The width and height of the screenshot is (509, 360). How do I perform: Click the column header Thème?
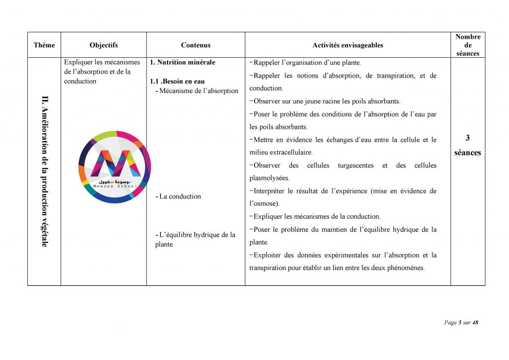coord(44,45)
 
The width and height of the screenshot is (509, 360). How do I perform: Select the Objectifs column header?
coord(103,45)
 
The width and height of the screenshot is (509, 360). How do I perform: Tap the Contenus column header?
coord(195,45)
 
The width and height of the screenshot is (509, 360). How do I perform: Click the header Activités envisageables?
coord(347,45)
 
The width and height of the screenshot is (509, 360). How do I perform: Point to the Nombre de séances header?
coord(467,45)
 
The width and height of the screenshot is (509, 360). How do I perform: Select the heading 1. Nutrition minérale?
coord(182,63)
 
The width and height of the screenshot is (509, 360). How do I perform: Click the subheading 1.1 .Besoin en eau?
coord(177,81)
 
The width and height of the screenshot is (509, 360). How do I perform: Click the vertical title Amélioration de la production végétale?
coord(45,172)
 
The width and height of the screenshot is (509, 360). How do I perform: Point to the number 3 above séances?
coord(467,138)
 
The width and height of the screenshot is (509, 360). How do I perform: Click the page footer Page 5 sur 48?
coord(461,323)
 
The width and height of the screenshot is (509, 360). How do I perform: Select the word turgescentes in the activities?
coord(355,166)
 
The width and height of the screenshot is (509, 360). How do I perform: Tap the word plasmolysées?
coord(269,178)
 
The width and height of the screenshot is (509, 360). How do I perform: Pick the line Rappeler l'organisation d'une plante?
coord(307,63)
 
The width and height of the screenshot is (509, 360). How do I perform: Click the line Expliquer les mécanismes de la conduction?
coord(317,217)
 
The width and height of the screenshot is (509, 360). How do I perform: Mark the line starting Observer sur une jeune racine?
coord(327,101)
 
